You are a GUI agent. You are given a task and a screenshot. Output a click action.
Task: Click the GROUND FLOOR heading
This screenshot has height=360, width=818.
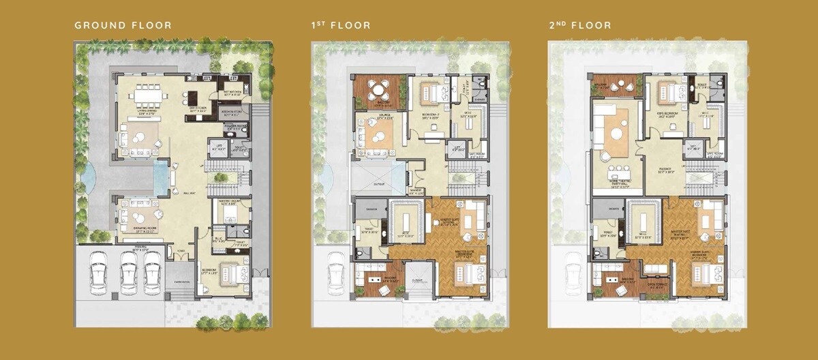[x=123, y=25]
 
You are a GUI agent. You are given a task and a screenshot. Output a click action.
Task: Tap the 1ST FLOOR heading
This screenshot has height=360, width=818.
[x=341, y=25]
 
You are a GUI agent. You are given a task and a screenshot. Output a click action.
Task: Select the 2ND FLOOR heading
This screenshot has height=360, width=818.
[x=579, y=25]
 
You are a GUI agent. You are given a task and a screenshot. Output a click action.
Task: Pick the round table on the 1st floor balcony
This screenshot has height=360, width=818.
[x=376, y=90]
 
